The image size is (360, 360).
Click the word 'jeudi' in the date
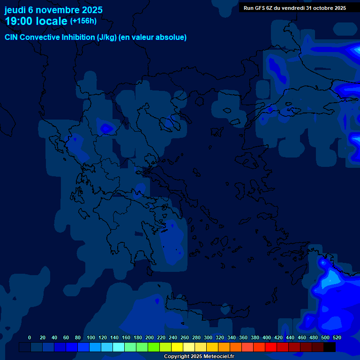pos(15,10)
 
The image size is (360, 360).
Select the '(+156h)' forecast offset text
pos(83,21)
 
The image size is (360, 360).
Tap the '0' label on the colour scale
pos(30,337)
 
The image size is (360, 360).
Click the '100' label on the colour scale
pos(91,337)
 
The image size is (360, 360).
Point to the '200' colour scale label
pos(150,337)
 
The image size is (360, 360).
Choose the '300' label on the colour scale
pos(208,337)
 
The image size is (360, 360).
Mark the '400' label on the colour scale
pos(267,337)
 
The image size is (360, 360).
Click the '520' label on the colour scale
pos(337,337)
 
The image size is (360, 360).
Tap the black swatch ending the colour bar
pos(330,347)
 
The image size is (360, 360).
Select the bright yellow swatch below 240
pos(177,347)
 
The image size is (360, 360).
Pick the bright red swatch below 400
pos(271,347)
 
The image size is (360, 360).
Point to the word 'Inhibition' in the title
pos(78,37)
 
